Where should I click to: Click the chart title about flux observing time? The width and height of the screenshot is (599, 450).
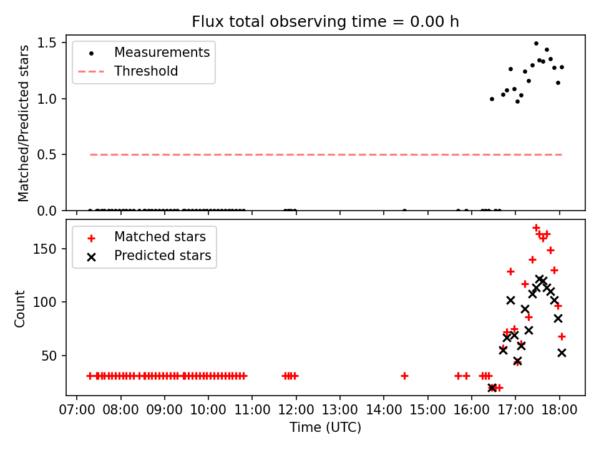pyautogui.click(x=325, y=21)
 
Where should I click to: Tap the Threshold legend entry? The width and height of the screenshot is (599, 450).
pyautogui.click(x=128, y=71)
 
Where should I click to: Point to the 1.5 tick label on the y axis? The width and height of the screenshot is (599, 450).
pyautogui.click(x=47, y=42)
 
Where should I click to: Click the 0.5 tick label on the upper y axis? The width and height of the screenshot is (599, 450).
pyautogui.click(x=47, y=154)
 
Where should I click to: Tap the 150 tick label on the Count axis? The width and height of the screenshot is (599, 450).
pyautogui.click(x=44, y=249)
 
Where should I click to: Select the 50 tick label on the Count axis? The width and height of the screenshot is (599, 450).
pyautogui.click(x=49, y=356)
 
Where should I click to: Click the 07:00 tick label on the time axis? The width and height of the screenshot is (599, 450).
pyautogui.click(x=77, y=410)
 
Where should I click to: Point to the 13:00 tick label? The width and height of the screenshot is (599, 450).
pyautogui.click(x=340, y=410)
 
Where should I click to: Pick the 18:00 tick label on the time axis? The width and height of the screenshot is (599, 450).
pyautogui.click(x=560, y=410)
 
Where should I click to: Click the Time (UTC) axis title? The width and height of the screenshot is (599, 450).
pyautogui.click(x=325, y=427)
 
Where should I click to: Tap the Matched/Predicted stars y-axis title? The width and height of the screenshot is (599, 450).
pyautogui.click(x=24, y=123)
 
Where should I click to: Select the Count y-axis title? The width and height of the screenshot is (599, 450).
pyautogui.click(x=20, y=309)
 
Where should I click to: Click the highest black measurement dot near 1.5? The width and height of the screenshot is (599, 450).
pyautogui.click(x=536, y=44)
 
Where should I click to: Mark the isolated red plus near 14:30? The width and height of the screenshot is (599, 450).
pyautogui.click(x=404, y=376)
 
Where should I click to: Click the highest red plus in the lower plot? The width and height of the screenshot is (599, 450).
pyautogui.click(x=536, y=227)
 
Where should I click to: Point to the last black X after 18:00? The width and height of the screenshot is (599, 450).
pyautogui.click(x=562, y=352)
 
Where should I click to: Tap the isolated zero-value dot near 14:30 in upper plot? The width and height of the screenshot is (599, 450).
pyautogui.click(x=404, y=210)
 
